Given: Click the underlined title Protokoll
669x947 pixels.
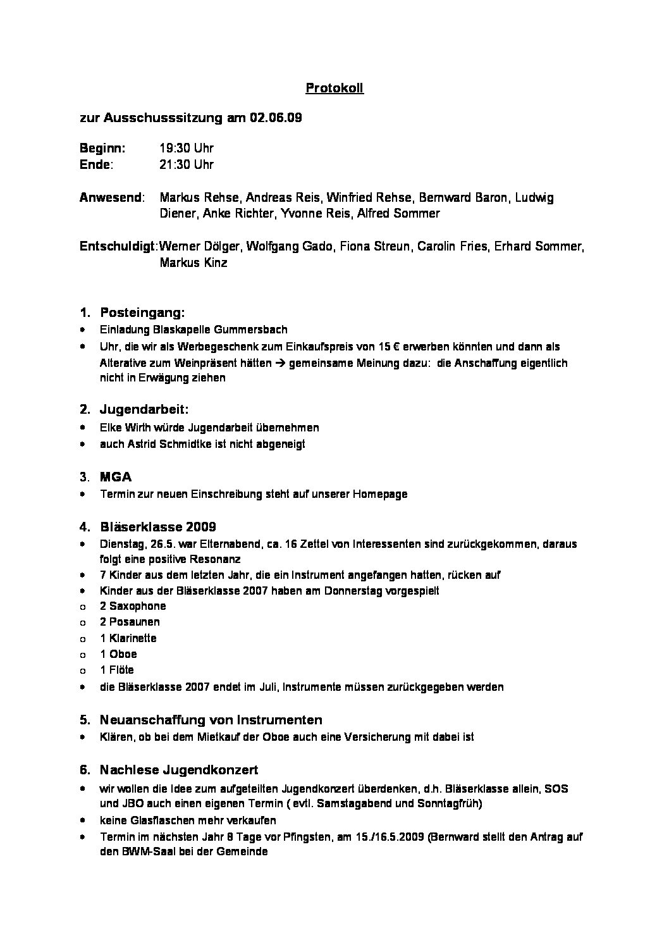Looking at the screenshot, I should [x=334, y=89].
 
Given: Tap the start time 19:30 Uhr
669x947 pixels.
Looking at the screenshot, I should [x=187, y=149].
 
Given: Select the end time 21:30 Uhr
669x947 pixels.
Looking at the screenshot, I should [x=187, y=164].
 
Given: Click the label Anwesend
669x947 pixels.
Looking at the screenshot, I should [x=111, y=197].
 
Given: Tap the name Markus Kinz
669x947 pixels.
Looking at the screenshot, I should [x=193, y=263].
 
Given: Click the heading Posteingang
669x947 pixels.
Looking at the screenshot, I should [x=142, y=313].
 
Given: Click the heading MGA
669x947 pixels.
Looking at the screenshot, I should [x=116, y=477].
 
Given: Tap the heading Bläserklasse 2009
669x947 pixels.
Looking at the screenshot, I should [x=158, y=527].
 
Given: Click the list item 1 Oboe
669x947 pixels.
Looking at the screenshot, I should [x=118, y=654].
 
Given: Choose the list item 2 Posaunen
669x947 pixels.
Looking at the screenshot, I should [x=130, y=622].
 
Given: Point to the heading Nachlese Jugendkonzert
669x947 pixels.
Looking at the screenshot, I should [x=179, y=770].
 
